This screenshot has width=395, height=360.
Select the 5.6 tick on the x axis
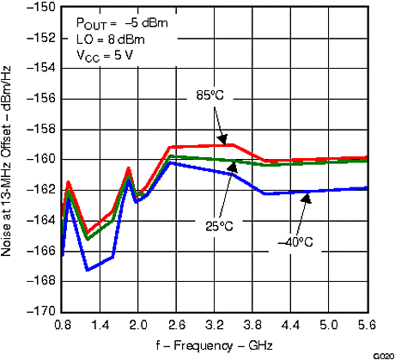click(367, 326)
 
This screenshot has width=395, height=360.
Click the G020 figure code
click(382, 355)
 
